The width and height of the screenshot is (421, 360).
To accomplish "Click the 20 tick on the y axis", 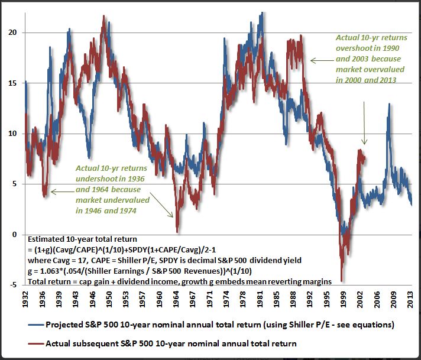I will (14, 33).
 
